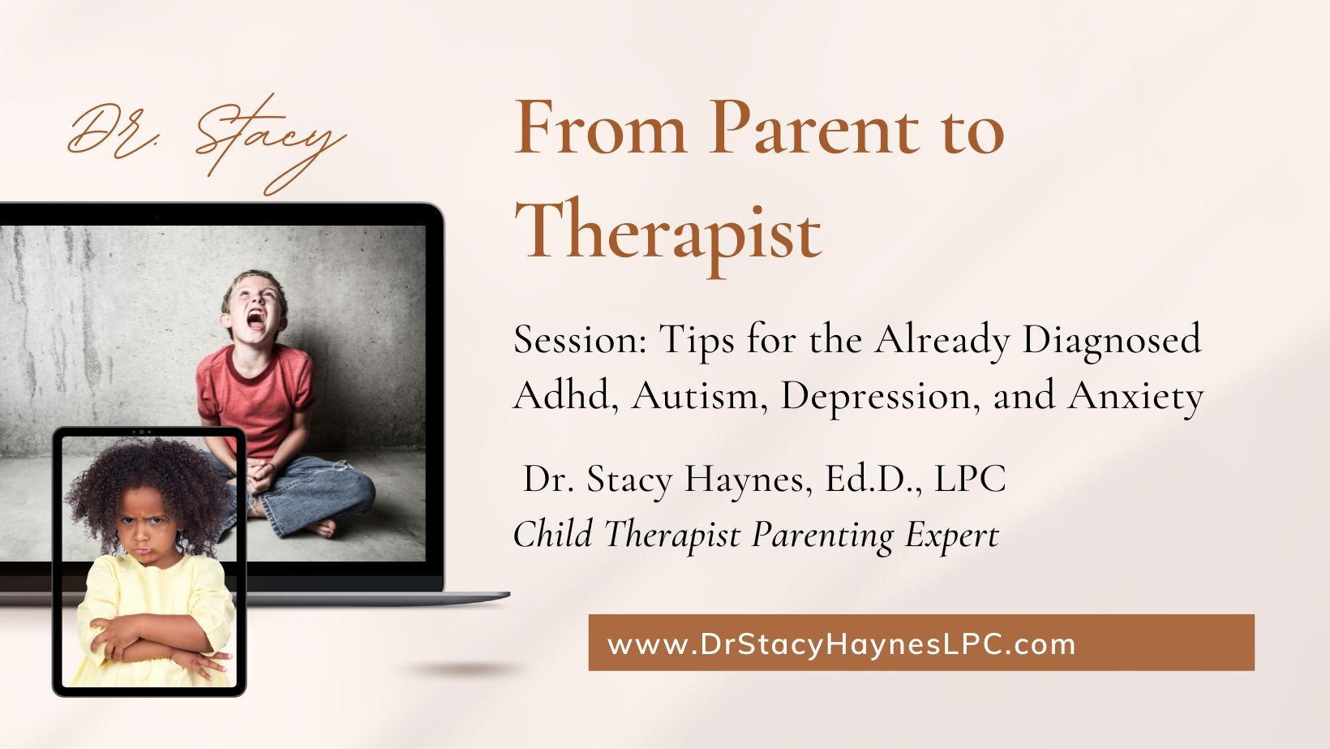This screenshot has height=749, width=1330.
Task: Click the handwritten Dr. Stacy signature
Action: click(207, 143)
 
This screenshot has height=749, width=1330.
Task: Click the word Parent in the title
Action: click(814, 127)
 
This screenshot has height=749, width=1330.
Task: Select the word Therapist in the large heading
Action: click(668, 231)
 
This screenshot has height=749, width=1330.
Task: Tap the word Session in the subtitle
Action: click(580, 340)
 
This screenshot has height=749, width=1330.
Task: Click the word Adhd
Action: click(562, 394)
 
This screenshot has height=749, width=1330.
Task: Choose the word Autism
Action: click(695, 395)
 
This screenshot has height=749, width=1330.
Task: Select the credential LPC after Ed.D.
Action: click(970, 479)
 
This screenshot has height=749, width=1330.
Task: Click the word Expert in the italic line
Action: click(952, 535)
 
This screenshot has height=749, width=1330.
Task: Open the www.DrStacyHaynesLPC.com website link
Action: click(841, 644)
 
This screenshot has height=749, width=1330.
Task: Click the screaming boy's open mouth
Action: click(256, 320)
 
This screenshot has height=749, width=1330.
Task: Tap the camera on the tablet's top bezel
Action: click(142, 432)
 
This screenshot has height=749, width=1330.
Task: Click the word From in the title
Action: click(600, 127)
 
